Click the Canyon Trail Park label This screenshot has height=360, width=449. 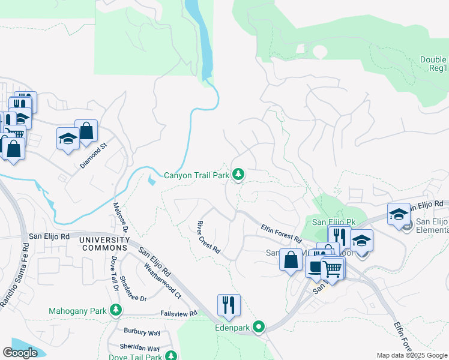(x=197, y=176)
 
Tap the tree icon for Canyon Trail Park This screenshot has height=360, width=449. (x=239, y=175)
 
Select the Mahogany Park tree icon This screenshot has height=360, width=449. (x=116, y=311)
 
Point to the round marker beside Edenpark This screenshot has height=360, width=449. (x=259, y=327)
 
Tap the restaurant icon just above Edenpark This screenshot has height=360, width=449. (x=229, y=305)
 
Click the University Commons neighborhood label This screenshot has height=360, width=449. (x=104, y=244)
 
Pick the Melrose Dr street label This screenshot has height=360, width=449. (x=121, y=217)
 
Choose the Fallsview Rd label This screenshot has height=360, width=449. (x=179, y=313)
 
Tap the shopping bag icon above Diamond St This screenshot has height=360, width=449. (x=86, y=131)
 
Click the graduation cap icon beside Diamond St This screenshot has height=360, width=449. (x=68, y=139)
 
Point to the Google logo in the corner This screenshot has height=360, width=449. (x=20, y=352)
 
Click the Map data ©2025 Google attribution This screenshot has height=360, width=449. (x=412, y=355)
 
